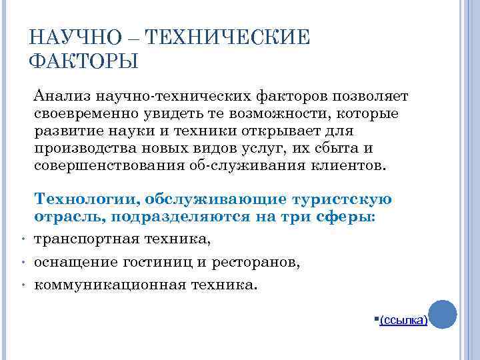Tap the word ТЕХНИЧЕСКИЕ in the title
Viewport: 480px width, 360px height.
223,37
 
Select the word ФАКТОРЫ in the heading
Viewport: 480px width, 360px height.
83,61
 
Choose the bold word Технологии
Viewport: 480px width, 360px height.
85,199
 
